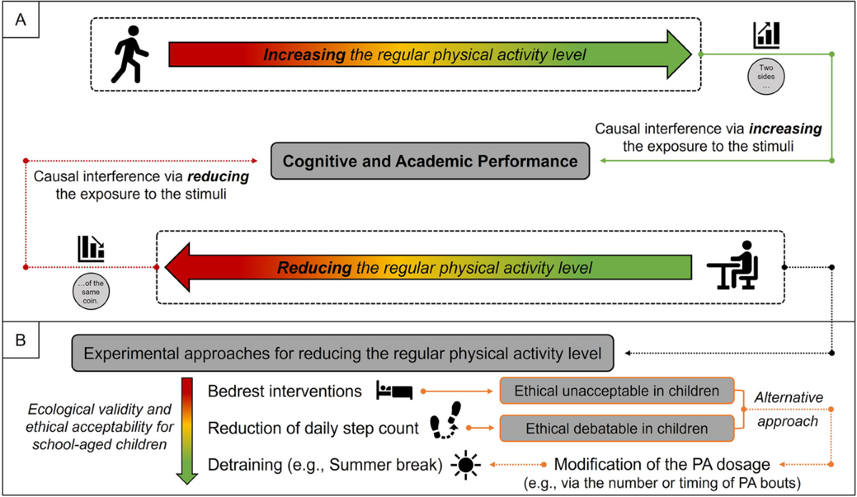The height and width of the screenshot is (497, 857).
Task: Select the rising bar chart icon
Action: tap(766, 36)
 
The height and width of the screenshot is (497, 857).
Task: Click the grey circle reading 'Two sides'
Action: tap(766, 74)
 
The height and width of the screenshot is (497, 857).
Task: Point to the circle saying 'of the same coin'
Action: tap(91, 289)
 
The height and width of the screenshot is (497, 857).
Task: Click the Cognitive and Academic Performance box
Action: tap(430, 161)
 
